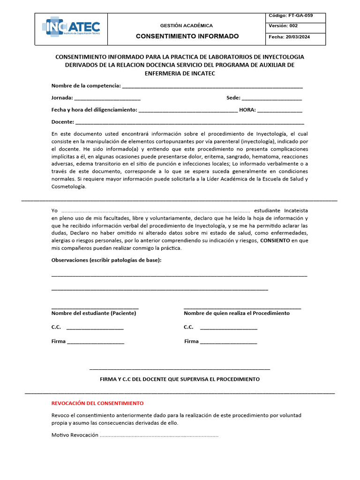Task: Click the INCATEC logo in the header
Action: click(71, 28)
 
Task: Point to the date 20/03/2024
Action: click(302, 37)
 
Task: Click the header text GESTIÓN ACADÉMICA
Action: click(187, 25)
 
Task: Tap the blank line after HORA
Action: click(280, 111)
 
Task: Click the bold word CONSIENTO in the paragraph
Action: click(275, 240)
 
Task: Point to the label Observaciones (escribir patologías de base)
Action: click(106, 260)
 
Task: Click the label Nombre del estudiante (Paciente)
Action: click(94, 313)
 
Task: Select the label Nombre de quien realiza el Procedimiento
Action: click(237, 313)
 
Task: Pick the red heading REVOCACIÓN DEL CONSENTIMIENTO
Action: click(97, 403)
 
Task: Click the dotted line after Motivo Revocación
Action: click(159, 435)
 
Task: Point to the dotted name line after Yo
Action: click(156, 211)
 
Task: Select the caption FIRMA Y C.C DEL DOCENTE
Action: click(180, 379)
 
